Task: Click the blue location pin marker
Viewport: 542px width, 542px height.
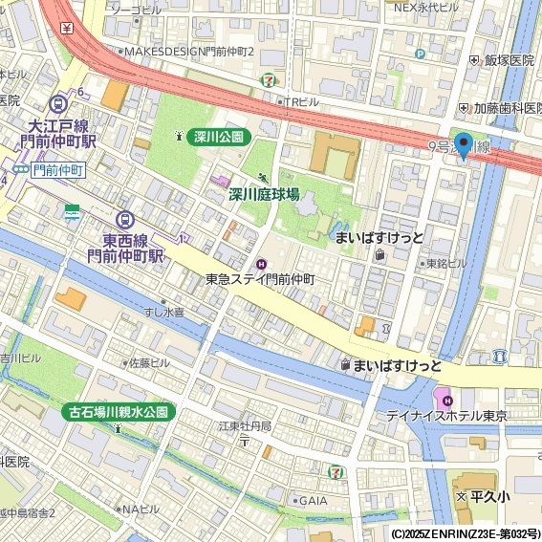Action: pos(464,144)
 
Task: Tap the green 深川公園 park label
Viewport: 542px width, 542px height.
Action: pos(219,137)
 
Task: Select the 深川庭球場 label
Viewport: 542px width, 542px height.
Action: pos(263,194)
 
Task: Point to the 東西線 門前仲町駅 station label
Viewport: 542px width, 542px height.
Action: pos(126,248)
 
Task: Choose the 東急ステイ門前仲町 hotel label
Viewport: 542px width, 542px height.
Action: pos(260,279)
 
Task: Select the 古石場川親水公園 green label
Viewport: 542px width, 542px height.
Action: pos(119,412)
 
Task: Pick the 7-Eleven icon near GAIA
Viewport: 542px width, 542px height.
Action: pos(336,471)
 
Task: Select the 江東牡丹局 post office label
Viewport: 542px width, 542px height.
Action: pos(245,425)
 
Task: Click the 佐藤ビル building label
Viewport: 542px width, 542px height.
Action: pos(148,363)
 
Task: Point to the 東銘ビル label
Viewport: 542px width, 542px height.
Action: pos(446,263)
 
